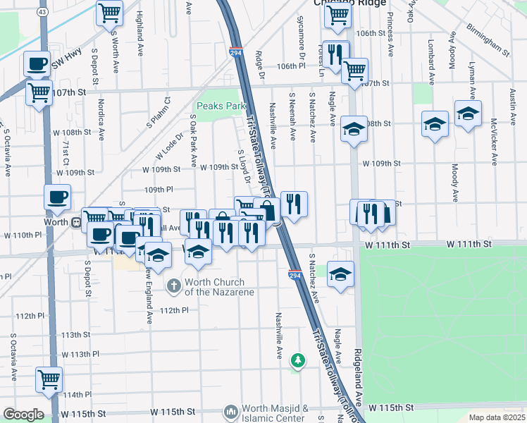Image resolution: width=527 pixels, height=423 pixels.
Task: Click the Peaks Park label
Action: (221, 106)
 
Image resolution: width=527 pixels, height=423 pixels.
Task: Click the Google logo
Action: (23, 415)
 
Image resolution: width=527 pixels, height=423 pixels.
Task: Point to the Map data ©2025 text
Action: (497, 417)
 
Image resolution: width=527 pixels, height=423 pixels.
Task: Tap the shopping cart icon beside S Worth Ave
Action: (109, 12)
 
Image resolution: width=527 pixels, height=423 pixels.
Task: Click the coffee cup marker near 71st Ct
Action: (58, 197)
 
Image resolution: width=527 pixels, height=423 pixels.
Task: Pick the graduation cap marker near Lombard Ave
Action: (435, 124)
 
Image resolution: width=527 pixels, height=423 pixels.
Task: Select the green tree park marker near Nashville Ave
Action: (298, 360)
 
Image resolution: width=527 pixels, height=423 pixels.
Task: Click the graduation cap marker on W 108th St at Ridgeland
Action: (354, 128)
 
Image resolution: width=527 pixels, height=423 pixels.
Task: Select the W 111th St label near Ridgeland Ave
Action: (387, 243)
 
